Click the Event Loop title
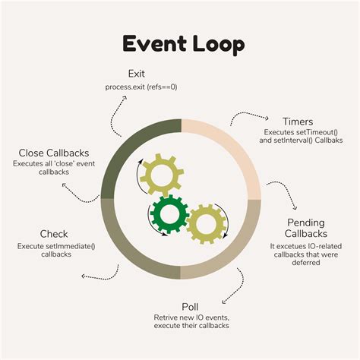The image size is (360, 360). point(180,44)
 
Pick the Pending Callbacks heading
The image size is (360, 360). point(307,227)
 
